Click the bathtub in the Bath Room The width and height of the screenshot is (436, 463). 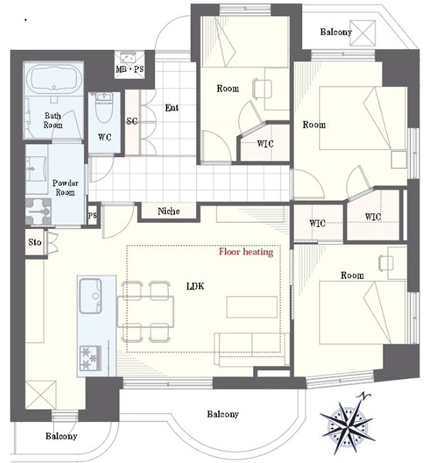click(54, 79)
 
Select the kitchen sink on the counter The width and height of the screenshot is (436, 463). click(91, 296)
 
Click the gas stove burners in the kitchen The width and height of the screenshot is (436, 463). click(90, 358)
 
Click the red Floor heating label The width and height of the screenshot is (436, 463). click(246, 252)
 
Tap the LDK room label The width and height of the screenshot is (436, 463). click(195, 286)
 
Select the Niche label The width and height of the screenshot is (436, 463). click(169, 211)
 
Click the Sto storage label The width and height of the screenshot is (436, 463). click(34, 242)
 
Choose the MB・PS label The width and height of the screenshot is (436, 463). click(130, 69)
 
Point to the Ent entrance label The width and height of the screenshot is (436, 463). click(172, 108)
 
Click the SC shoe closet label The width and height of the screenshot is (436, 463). click(132, 121)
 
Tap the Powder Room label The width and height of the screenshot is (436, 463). click(65, 188)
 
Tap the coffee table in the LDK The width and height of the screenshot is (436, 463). click(252, 307)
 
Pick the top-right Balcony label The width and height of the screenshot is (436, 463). click(336, 32)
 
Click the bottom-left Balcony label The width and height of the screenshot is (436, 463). click(61, 436)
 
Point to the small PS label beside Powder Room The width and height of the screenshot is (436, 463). click(92, 216)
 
